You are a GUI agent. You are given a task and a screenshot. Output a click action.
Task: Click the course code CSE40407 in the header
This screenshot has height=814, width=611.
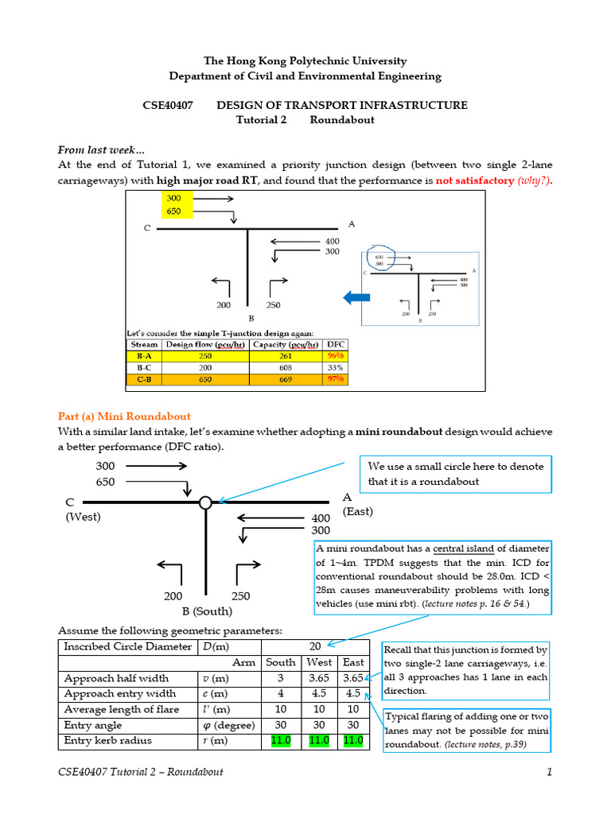pyautogui.click(x=166, y=105)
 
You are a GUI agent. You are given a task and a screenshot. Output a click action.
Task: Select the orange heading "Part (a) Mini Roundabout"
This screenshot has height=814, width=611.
pyautogui.click(x=124, y=416)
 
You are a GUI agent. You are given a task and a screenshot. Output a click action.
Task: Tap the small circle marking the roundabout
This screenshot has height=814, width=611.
pyautogui.click(x=205, y=502)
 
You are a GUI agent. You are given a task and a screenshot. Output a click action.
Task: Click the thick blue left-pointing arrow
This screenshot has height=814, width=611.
pyautogui.click(x=356, y=298)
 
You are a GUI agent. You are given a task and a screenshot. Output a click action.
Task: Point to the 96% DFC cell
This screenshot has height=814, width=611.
pyautogui.click(x=335, y=356)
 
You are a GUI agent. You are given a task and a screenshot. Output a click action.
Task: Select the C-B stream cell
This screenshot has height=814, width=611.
pyautogui.click(x=144, y=380)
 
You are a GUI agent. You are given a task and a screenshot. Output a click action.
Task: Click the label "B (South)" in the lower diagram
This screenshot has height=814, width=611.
pyautogui.click(x=207, y=612)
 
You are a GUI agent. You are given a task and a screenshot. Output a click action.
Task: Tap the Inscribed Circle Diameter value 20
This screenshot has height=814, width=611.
pyautogui.click(x=315, y=645)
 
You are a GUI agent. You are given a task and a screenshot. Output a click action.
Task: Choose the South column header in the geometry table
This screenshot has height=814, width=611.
pyautogui.click(x=280, y=661)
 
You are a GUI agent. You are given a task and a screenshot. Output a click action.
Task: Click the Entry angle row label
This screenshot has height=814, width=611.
pyautogui.click(x=93, y=725)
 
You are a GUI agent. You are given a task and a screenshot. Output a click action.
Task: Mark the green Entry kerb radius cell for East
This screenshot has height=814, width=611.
pyautogui.click(x=353, y=741)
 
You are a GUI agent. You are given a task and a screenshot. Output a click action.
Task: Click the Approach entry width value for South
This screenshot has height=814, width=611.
pyautogui.click(x=280, y=693)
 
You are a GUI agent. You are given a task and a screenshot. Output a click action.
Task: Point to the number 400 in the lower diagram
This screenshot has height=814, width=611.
pyautogui.click(x=320, y=518)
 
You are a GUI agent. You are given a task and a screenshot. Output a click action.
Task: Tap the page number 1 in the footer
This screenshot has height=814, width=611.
pyautogui.click(x=550, y=772)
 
